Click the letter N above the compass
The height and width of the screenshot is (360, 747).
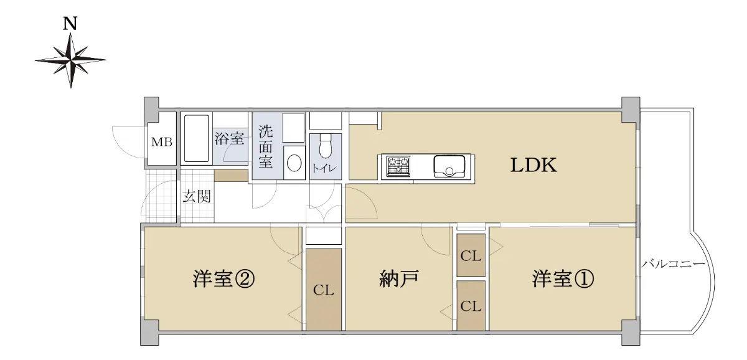click(70, 24)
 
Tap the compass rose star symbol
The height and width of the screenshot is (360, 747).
click(70, 60)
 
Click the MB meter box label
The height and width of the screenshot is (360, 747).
click(162, 142)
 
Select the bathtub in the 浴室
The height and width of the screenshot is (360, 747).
click(197, 138)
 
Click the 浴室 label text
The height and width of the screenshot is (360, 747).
click(229, 138)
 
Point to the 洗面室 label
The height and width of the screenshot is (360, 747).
click(266, 146)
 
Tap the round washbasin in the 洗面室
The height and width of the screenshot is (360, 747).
click(294, 163)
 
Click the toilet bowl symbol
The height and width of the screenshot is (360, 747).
click(325, 146)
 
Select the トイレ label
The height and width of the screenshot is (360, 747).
click(324, 168)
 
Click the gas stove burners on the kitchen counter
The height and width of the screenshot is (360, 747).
click(398, 166)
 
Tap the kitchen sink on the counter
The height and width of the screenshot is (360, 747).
click(449, 166)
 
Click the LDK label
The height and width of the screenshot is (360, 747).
click(533, 165)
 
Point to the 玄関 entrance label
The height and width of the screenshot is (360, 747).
click(197, 196)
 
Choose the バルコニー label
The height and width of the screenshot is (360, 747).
click(674, 264)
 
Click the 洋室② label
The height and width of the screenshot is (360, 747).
click(223, 279)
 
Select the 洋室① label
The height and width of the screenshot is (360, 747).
click(563, 279)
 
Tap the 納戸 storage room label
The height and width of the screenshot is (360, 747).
click(399, 279)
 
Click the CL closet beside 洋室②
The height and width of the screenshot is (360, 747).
click(324, 290)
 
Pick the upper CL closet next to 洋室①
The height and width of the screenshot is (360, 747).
click(471, 255)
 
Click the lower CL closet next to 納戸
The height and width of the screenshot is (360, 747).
click(471, 306)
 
